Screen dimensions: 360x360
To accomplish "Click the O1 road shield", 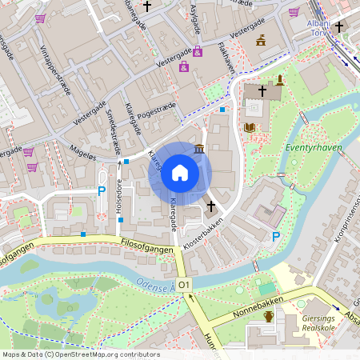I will tap(185, 285).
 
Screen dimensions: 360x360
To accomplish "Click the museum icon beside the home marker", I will tap(198, 150).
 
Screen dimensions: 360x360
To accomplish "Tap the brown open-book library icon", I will tap(250, 128).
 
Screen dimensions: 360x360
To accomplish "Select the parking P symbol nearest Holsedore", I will tap(101, 191).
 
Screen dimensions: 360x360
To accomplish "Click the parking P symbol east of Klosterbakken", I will tap(276, 237).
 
